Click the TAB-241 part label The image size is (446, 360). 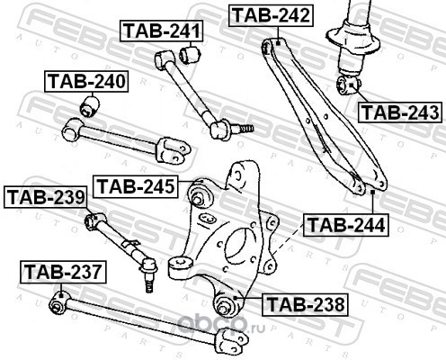pyautogui.click(x=161, y=31)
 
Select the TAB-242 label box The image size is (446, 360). pyautogui.click(x=272, y=15)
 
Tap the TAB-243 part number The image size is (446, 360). pyautogui.click(x=401, y=112)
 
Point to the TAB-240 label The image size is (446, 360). pyautogui.click(x=86, y=81)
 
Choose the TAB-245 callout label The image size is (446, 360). pyautogui.click(x=136, y=186)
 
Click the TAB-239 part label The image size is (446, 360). pyautogui.click(x=46, y=197)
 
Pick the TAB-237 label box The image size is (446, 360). pyautogui.click(x=63, y=272)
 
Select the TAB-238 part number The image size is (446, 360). pyautogui.click(x=305, y=304)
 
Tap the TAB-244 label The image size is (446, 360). pyautogui.click(x=346, y=225)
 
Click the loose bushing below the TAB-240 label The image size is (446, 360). pyautogui.click(x=90, y=106)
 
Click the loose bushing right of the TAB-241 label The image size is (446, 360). pyautogui.click(x=190, y=54)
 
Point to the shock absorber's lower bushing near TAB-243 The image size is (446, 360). pyautogui.click(x=348, y=85)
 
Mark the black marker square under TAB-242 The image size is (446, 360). pyautogui.click(x=278, y=43)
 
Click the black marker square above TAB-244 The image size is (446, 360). pyautogui.click(x=373, y=192)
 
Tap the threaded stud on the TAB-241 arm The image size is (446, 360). pyautogui.click(x=242, y=129)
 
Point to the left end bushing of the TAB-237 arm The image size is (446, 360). pyautogui.click(x=58, y=302)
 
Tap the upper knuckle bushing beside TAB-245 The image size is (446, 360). pyautogui.click(x=199, y=193)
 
